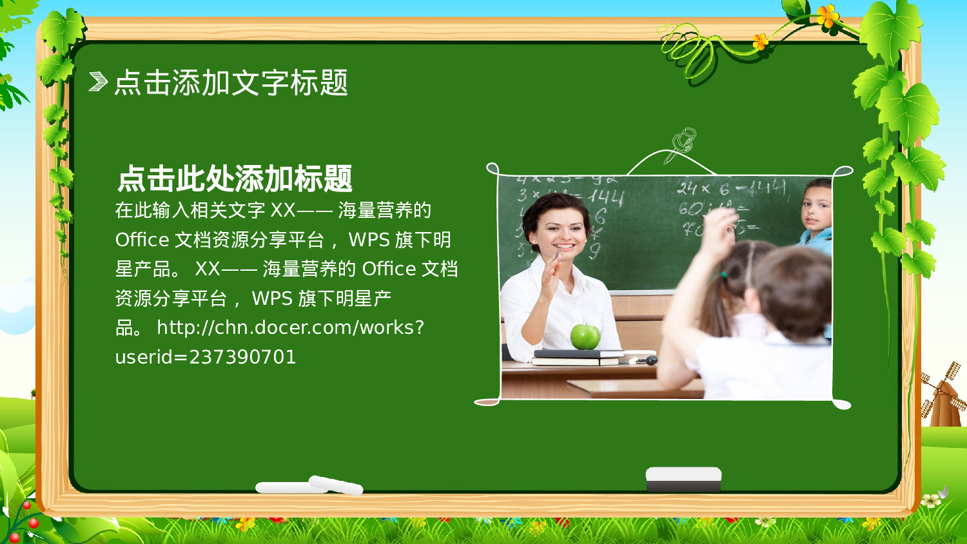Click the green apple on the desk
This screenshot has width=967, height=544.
coord(585,336)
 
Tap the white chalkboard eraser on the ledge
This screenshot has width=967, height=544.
coord(683,479)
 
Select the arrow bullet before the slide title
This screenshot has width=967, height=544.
coord(98,82)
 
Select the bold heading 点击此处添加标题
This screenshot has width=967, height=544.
coord(235,179)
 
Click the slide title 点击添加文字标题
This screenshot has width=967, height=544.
coord(231,83)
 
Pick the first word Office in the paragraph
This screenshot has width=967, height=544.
coord(142,240)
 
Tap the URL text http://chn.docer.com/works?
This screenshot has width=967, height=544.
coord(290,327)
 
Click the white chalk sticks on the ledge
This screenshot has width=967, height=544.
coord(309,486)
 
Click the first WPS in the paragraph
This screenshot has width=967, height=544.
coord(369,240)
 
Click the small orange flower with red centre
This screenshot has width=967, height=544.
coord(761,41)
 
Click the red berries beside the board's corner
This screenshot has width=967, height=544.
coord(26,519)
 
